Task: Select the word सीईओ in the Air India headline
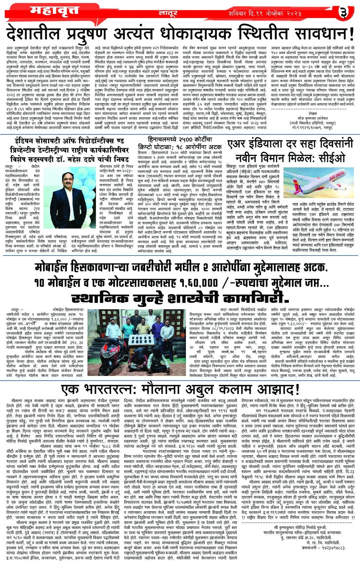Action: tap(331, 157)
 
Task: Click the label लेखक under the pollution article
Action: tap(313, 114)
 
